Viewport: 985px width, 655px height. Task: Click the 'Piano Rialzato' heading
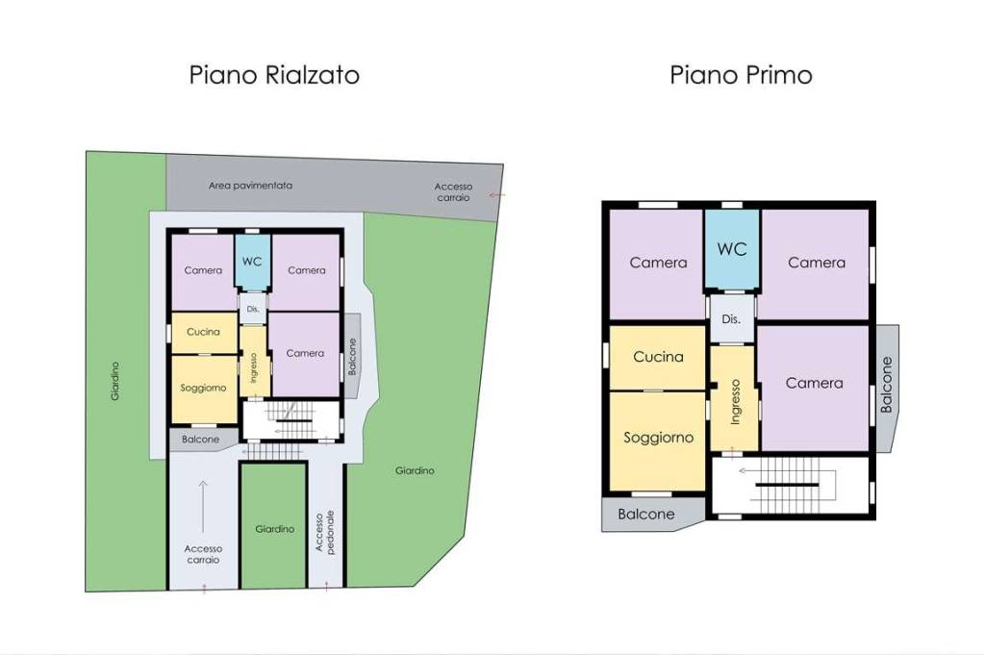(274, 75)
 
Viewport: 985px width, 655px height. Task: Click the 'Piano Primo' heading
(741, 75)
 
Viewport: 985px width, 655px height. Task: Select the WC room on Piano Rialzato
(253, 262)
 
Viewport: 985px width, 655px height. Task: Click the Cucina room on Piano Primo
(658, 357)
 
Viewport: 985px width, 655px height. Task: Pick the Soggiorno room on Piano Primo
(658, 441)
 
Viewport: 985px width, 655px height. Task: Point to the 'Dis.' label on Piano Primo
(731, 319)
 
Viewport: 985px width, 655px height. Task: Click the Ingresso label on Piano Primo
(735, 402)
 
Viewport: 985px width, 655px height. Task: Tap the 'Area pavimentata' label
(251, 186)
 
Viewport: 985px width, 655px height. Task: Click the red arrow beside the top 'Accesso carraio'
(497, 194)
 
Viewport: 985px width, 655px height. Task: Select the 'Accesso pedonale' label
(325, 532)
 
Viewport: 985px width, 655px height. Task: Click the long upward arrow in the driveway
(203, 506)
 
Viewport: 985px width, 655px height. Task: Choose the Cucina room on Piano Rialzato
(204, 332)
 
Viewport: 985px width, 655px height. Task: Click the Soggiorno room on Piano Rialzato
(204, 390)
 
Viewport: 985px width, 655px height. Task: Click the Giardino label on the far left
(115, 381)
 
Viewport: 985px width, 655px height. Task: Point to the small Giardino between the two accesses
(274, 526)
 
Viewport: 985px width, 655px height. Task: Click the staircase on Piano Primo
(791, 485)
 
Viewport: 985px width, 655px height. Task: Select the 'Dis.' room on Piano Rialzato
(253, 309)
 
